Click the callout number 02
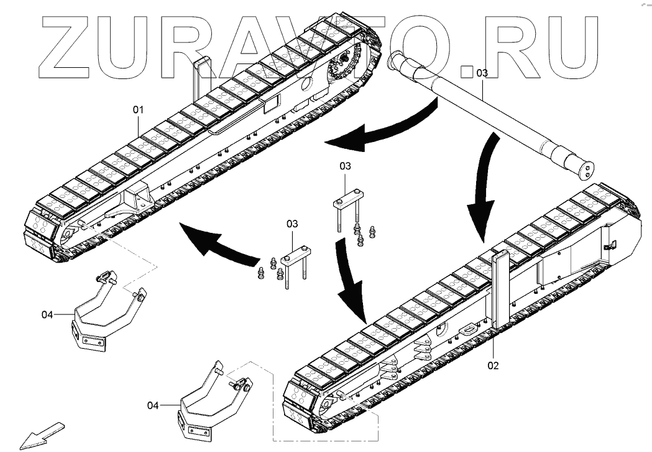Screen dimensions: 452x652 [x=492, y=365]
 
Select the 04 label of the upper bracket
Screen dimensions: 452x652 [x=48, y=315]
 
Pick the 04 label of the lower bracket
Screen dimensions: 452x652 [x=153, y=405]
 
